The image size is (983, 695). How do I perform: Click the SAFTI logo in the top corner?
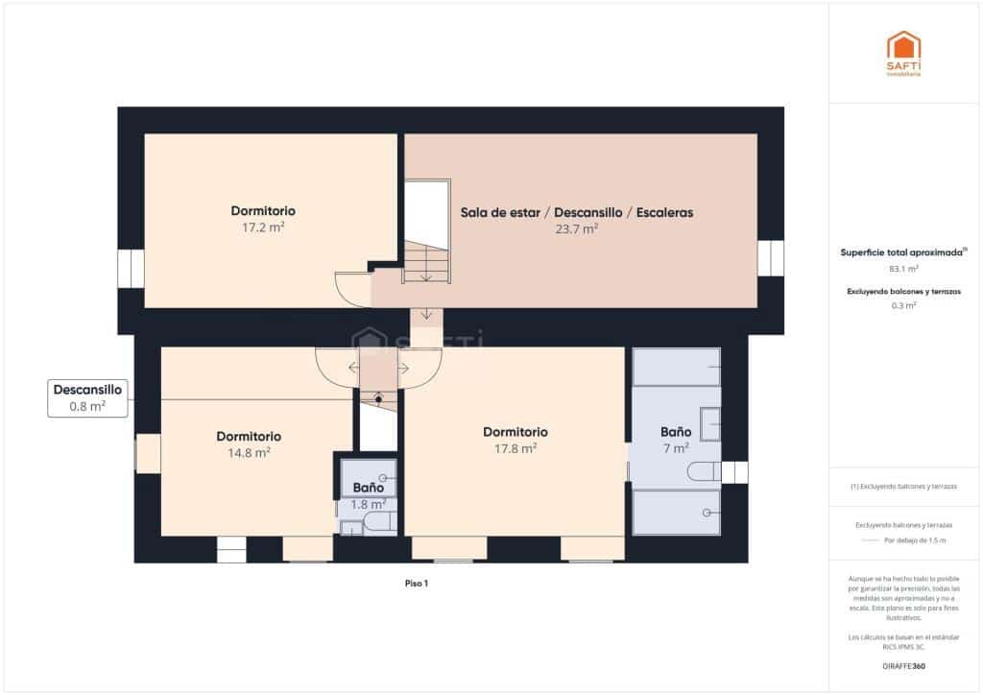click(x=903, y=53)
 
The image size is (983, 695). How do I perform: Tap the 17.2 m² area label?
click(x=263, y=228)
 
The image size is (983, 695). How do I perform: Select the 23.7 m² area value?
click(x=576, y=229)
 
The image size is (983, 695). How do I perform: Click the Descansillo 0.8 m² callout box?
click(x=87, y=398)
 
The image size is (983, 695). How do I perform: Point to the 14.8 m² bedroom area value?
click(x=249, y=452)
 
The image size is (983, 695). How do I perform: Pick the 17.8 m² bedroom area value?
click(x=515, y=447)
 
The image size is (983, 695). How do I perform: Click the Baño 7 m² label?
click(x=675, y=440)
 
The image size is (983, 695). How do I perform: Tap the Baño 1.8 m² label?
click(x=369, y=495)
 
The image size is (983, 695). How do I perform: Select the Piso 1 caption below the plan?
click(x=416, y=583)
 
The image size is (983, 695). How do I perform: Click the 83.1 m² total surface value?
click(x=903, y=269)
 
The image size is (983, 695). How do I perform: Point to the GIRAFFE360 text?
click(x=903, y=665)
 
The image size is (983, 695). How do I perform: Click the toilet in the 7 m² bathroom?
click(x=704, y=470)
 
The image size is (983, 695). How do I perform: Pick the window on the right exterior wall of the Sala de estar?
click(x=770, y=258)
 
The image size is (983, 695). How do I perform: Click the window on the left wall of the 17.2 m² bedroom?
click(x=131, y=269)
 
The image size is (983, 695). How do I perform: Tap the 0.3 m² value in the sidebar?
click(x=903, y=305)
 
